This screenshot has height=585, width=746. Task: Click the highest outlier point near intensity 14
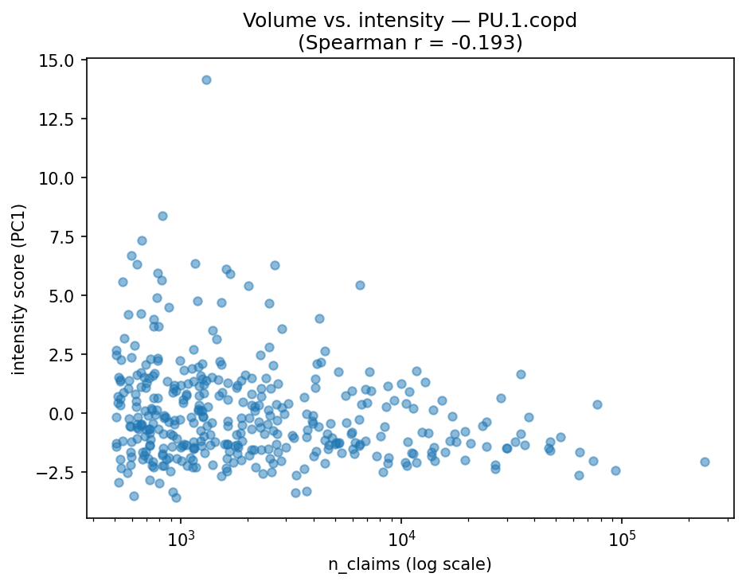tap(206, 80)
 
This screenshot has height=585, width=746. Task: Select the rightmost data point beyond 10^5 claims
tap(705, 462)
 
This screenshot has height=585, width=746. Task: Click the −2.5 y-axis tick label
tap(58, 473)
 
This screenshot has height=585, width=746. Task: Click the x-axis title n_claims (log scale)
tap(410, 564)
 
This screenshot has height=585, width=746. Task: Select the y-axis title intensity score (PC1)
tap(18, 288)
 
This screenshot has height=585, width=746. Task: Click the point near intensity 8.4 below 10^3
tap(162, 216)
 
